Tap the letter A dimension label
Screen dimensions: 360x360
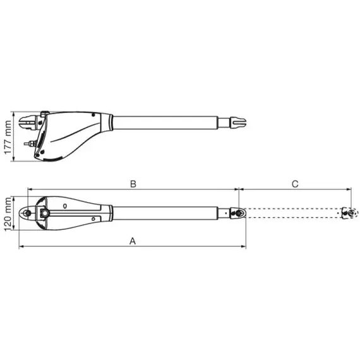click(x=132, y=241)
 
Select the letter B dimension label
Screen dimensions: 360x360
click(x=133, y=184)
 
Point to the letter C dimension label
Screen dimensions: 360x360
click(x=294, y=184)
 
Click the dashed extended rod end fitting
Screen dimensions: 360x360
click(x=346, y=213)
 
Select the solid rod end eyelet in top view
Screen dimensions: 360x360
click(x=237, y=213)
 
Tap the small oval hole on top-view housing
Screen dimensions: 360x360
click(x=66, y=206)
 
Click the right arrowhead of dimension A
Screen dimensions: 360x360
click(x=244, y=247)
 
